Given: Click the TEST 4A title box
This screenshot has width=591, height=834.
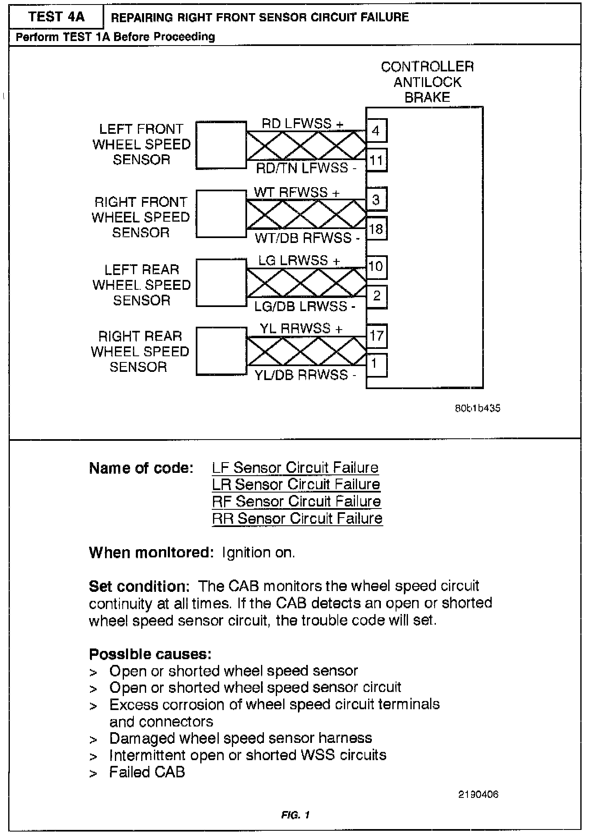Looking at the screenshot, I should pyautogui.click(x=56, y=17).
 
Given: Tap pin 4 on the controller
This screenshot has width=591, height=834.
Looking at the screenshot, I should pyautogui.click(x=376, y=131).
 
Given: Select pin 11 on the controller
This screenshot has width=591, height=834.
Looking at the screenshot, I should pyautogui.click(x=376, y=160).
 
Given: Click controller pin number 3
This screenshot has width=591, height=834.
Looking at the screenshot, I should pyautogui.click(x=376, y=200).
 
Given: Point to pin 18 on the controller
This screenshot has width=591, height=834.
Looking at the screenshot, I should pyautogui.click(x=376, y=229).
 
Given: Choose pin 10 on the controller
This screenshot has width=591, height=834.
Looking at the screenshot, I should pyautogui.click(x=376, y=267).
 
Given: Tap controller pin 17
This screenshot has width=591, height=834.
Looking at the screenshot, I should pyautogui.click(x=376, y=336).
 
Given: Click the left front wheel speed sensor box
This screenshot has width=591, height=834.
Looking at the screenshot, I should pyautogui.click(x=221, y=145).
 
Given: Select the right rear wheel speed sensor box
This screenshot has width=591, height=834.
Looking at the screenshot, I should pyautogui.click(x=221, y=351).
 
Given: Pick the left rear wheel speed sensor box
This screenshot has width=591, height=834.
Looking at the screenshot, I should pyautogui.click(x=221, y=283).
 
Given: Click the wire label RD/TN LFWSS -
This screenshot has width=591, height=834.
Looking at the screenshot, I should pyautogui.click(x=306, y=168).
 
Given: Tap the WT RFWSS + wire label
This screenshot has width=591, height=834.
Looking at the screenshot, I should pyautogui.click(x=297, y=192).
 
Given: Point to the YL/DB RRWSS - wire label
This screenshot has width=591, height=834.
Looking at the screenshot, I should pyautogui.click(x=306, y=375).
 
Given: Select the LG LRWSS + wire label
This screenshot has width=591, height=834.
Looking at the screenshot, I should pyautogui.click(x=299, y=260).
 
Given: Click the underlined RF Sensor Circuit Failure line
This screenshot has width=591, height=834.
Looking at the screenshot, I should pyautogui.click(x=296, y=502).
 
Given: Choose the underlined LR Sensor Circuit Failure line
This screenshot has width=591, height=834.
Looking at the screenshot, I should pyautogui.click(x=296, y=485).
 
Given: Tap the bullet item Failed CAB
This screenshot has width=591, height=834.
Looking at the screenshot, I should pyautogui.click(x=147, y=772).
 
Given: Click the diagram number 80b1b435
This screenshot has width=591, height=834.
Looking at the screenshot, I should pyautogui.click(x=477, y=408).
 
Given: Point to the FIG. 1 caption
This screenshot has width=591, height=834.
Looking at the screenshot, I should pyautogui.click(x=295, y=815).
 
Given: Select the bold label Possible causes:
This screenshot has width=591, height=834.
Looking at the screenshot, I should pyautogui.click(x=150, y=654).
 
